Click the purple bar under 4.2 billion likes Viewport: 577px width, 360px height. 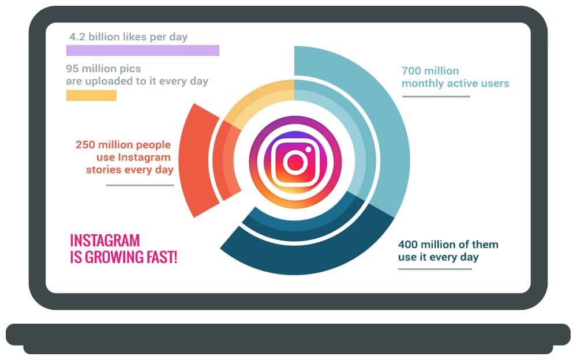[x=143, y=50]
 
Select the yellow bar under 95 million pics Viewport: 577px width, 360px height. [x=91, y=95]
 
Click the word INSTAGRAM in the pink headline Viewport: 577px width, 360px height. [x=105, y=241]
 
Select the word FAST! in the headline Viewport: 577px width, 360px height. [x=162, y=257]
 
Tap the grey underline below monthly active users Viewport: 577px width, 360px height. [x=436, y=96]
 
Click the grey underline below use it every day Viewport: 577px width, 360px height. [x=435, y=269]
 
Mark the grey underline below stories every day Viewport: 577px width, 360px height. [x=140, y=185]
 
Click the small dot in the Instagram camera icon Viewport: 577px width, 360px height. [x=308, y=149]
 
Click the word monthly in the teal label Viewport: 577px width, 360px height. [x=423, y=84]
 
